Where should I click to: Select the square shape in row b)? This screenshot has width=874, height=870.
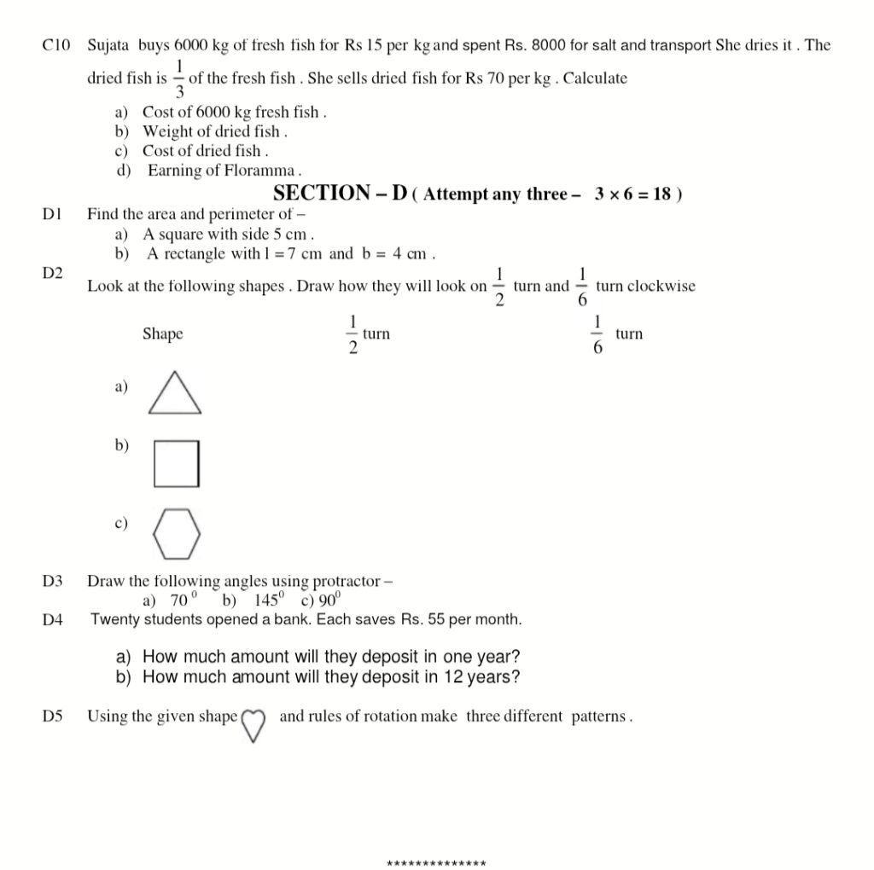(177, 463)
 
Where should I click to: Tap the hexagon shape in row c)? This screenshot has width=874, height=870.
(177, 531)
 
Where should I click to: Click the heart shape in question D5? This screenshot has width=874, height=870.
(253, 725)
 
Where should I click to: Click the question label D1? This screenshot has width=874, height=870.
(52, 214)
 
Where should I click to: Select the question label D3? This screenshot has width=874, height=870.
(53, 581)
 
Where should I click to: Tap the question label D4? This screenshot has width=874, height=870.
(53, 620)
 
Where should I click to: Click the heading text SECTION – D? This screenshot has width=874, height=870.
(340, 193)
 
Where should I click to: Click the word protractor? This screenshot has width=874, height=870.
(347, 582)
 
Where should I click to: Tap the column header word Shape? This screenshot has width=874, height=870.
(162, 333)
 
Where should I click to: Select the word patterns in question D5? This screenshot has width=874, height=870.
(601, 716)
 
